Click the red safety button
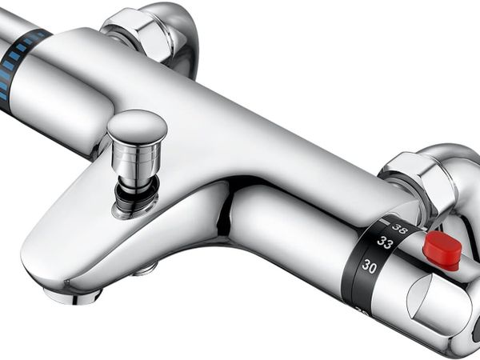click(442, 250)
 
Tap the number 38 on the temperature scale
click(400, 228)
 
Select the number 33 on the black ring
click(385, 242)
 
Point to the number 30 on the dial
click(369, 266)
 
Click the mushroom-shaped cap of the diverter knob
click(138, 125)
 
